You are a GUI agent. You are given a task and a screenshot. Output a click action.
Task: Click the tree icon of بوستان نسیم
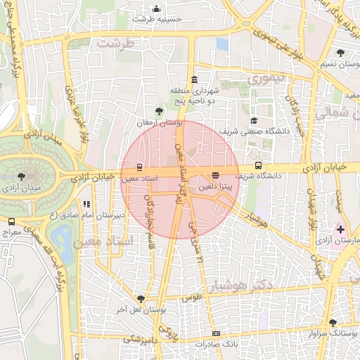coord(340,53)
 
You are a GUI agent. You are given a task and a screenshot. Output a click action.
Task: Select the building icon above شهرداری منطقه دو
coord(193,79)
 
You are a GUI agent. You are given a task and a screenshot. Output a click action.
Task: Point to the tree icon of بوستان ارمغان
coord(159,110)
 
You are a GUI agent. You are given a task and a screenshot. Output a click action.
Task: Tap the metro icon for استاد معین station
coord(139,167)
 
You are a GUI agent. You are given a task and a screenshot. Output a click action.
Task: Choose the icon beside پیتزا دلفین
coord(215,175)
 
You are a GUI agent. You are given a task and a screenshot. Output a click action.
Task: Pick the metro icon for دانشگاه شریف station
coord(257,167)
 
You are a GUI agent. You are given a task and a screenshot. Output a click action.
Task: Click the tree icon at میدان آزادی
coord(23,176)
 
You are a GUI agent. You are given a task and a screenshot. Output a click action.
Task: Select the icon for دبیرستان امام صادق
coord(86,205)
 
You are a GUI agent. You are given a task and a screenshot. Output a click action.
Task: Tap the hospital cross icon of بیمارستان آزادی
coord(340,229)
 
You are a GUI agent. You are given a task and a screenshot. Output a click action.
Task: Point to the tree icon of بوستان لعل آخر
coord(141,298)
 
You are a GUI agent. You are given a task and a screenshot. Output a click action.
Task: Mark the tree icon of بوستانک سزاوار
coord(333,322)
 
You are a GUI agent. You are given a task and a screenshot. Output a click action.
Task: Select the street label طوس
coord(191,298)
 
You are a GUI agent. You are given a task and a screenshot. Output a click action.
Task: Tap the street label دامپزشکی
coord(141,339)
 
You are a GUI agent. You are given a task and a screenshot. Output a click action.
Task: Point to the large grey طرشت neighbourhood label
coord(115,44)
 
